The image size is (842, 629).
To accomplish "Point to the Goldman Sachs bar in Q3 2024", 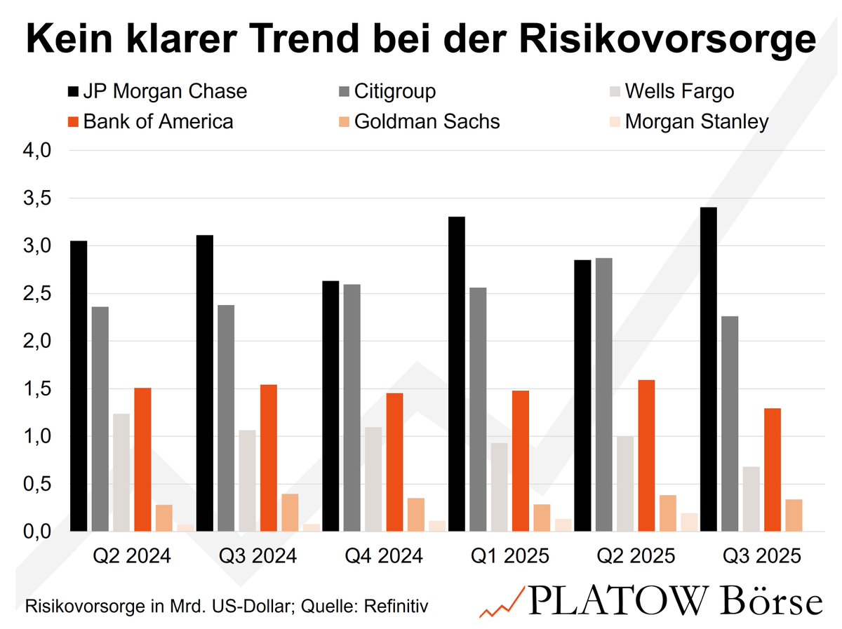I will tap(290, 513).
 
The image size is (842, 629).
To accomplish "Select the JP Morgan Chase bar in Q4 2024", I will tap(331, 406).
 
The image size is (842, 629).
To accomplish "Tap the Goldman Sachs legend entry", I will tap(427, 121).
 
